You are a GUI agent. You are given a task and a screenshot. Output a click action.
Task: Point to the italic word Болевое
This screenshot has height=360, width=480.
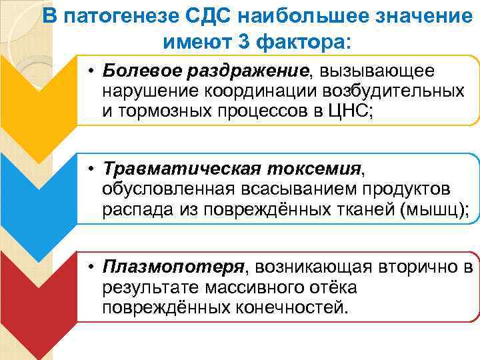(141, 71)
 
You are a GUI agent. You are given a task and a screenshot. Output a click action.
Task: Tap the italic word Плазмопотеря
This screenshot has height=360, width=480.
(174, 267)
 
